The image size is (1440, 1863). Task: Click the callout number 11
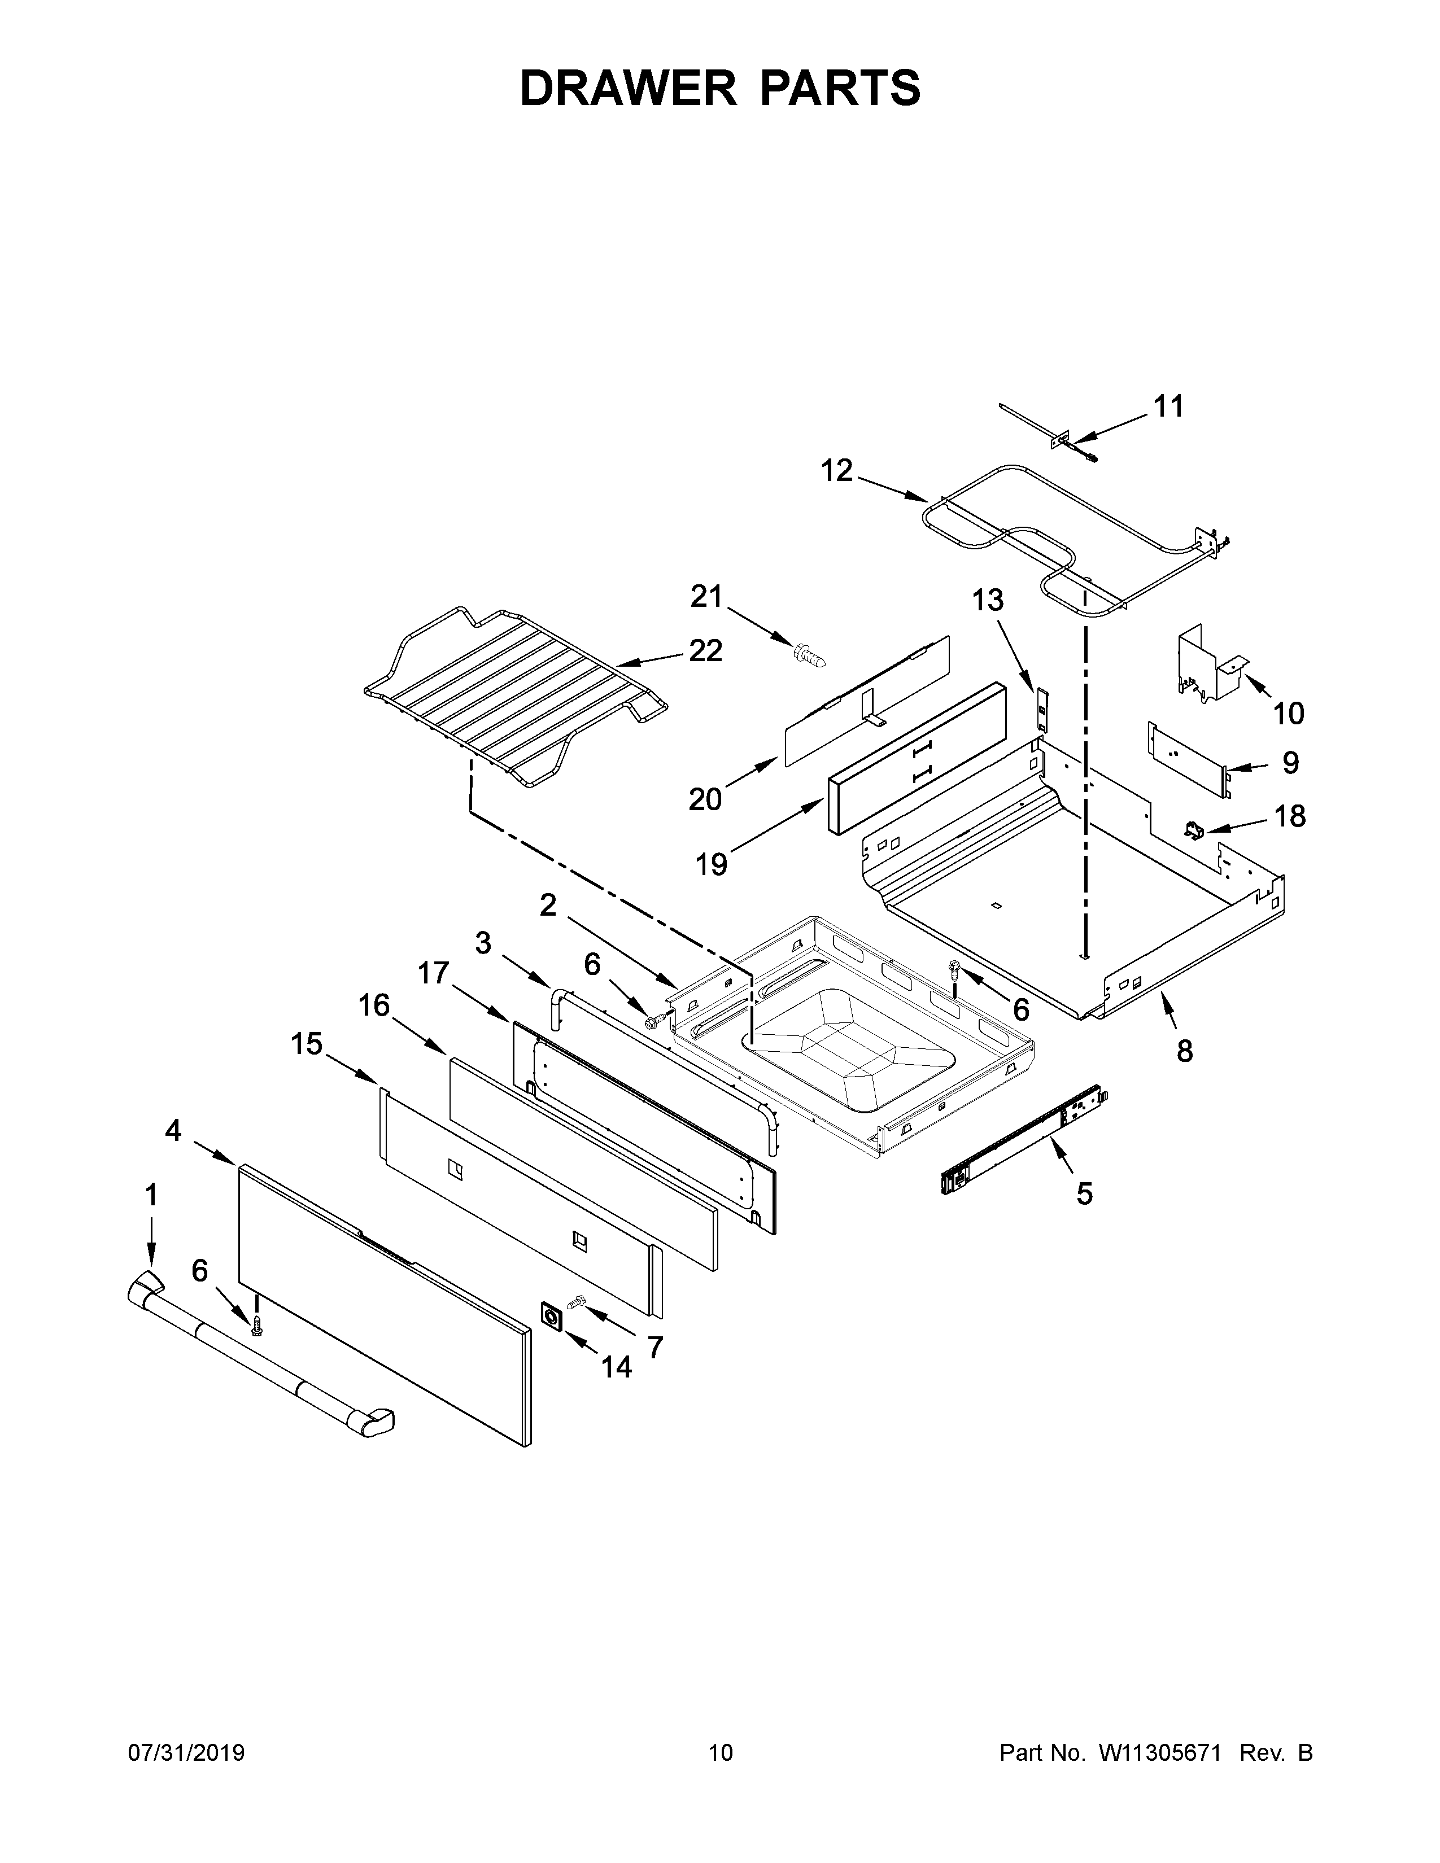pyautogui.click(x=1169, y=407)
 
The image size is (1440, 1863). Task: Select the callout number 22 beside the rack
pyautogui.click(x=705, y=651)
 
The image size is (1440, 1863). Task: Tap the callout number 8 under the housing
pyautogui.click(x=1184, y=1051)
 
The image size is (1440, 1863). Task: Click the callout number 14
pyautogui.click(x=616, y=1367)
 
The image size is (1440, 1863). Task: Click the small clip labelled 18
pyautogui.click(x=1193, y=828)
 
